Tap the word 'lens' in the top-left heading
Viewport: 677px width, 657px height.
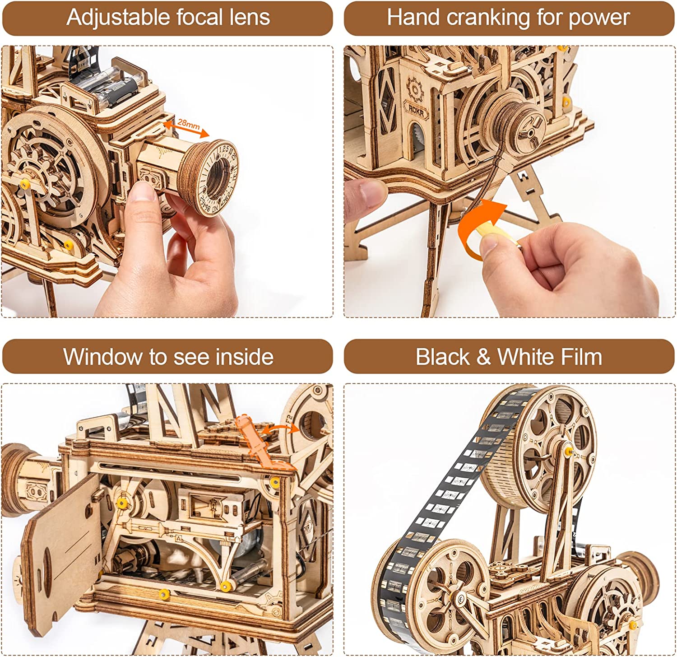click(x=249, y=18)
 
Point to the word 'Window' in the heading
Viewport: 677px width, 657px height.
click(x=102, y=357)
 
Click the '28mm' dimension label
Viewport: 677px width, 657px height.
click(x=188, y=123)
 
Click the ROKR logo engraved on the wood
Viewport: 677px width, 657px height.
click(x=416, y=109)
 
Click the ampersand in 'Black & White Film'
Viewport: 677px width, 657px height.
click(x=483, y=357)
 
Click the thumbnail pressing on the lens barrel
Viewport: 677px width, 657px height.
click(x=144, y=192)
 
